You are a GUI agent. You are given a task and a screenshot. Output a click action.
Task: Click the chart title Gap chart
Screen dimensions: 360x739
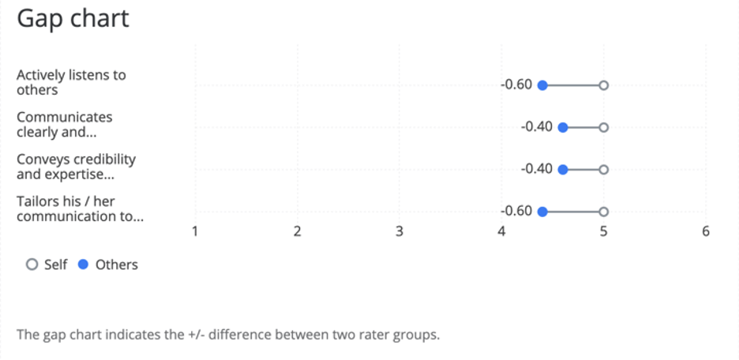[x=73, y=19]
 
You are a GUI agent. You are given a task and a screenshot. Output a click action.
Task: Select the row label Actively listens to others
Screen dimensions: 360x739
[x=71, y=83]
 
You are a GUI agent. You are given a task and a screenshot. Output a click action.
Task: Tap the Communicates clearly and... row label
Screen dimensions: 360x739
[x=65, y=125]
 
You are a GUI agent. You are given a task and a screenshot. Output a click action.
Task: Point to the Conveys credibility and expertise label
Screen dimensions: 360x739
[x=76, y=167]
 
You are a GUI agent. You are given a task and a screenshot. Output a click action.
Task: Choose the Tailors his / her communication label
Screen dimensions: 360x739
[x=80, y=208]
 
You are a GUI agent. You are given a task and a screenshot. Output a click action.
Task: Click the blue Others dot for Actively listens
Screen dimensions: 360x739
[x=542, y=85]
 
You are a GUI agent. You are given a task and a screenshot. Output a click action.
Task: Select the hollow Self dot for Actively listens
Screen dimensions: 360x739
[x=604, y=85]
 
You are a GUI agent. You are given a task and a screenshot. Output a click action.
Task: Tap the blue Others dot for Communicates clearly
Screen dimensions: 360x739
[x=563, y=127]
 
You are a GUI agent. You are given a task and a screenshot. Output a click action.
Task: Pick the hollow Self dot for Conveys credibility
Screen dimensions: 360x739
[x=604, y=170]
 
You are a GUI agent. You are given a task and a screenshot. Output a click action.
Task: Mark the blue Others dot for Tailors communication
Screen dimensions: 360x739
[x=542, y=212]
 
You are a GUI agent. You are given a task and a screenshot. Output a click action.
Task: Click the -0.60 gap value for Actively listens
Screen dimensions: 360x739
[x=517, y=84]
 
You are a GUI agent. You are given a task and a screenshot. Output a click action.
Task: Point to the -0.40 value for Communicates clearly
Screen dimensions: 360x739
[x=537, y=126]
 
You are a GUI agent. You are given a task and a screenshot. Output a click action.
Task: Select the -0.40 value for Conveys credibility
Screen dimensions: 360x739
[x=537, y=169]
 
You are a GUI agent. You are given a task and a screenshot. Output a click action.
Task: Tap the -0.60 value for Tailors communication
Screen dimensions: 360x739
[x=517, y=211]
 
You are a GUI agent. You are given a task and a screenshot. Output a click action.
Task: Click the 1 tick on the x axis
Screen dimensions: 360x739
[x=195, y=231]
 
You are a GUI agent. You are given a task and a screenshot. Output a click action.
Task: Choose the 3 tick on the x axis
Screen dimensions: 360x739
[x=400, y=231]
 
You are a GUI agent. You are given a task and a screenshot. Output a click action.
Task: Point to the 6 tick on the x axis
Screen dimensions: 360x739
[x=706, y=231]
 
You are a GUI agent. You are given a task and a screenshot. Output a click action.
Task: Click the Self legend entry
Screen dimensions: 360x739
[x=47, y=265]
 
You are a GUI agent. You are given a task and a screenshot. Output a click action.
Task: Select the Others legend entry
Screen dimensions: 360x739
[x=108, y=265]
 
